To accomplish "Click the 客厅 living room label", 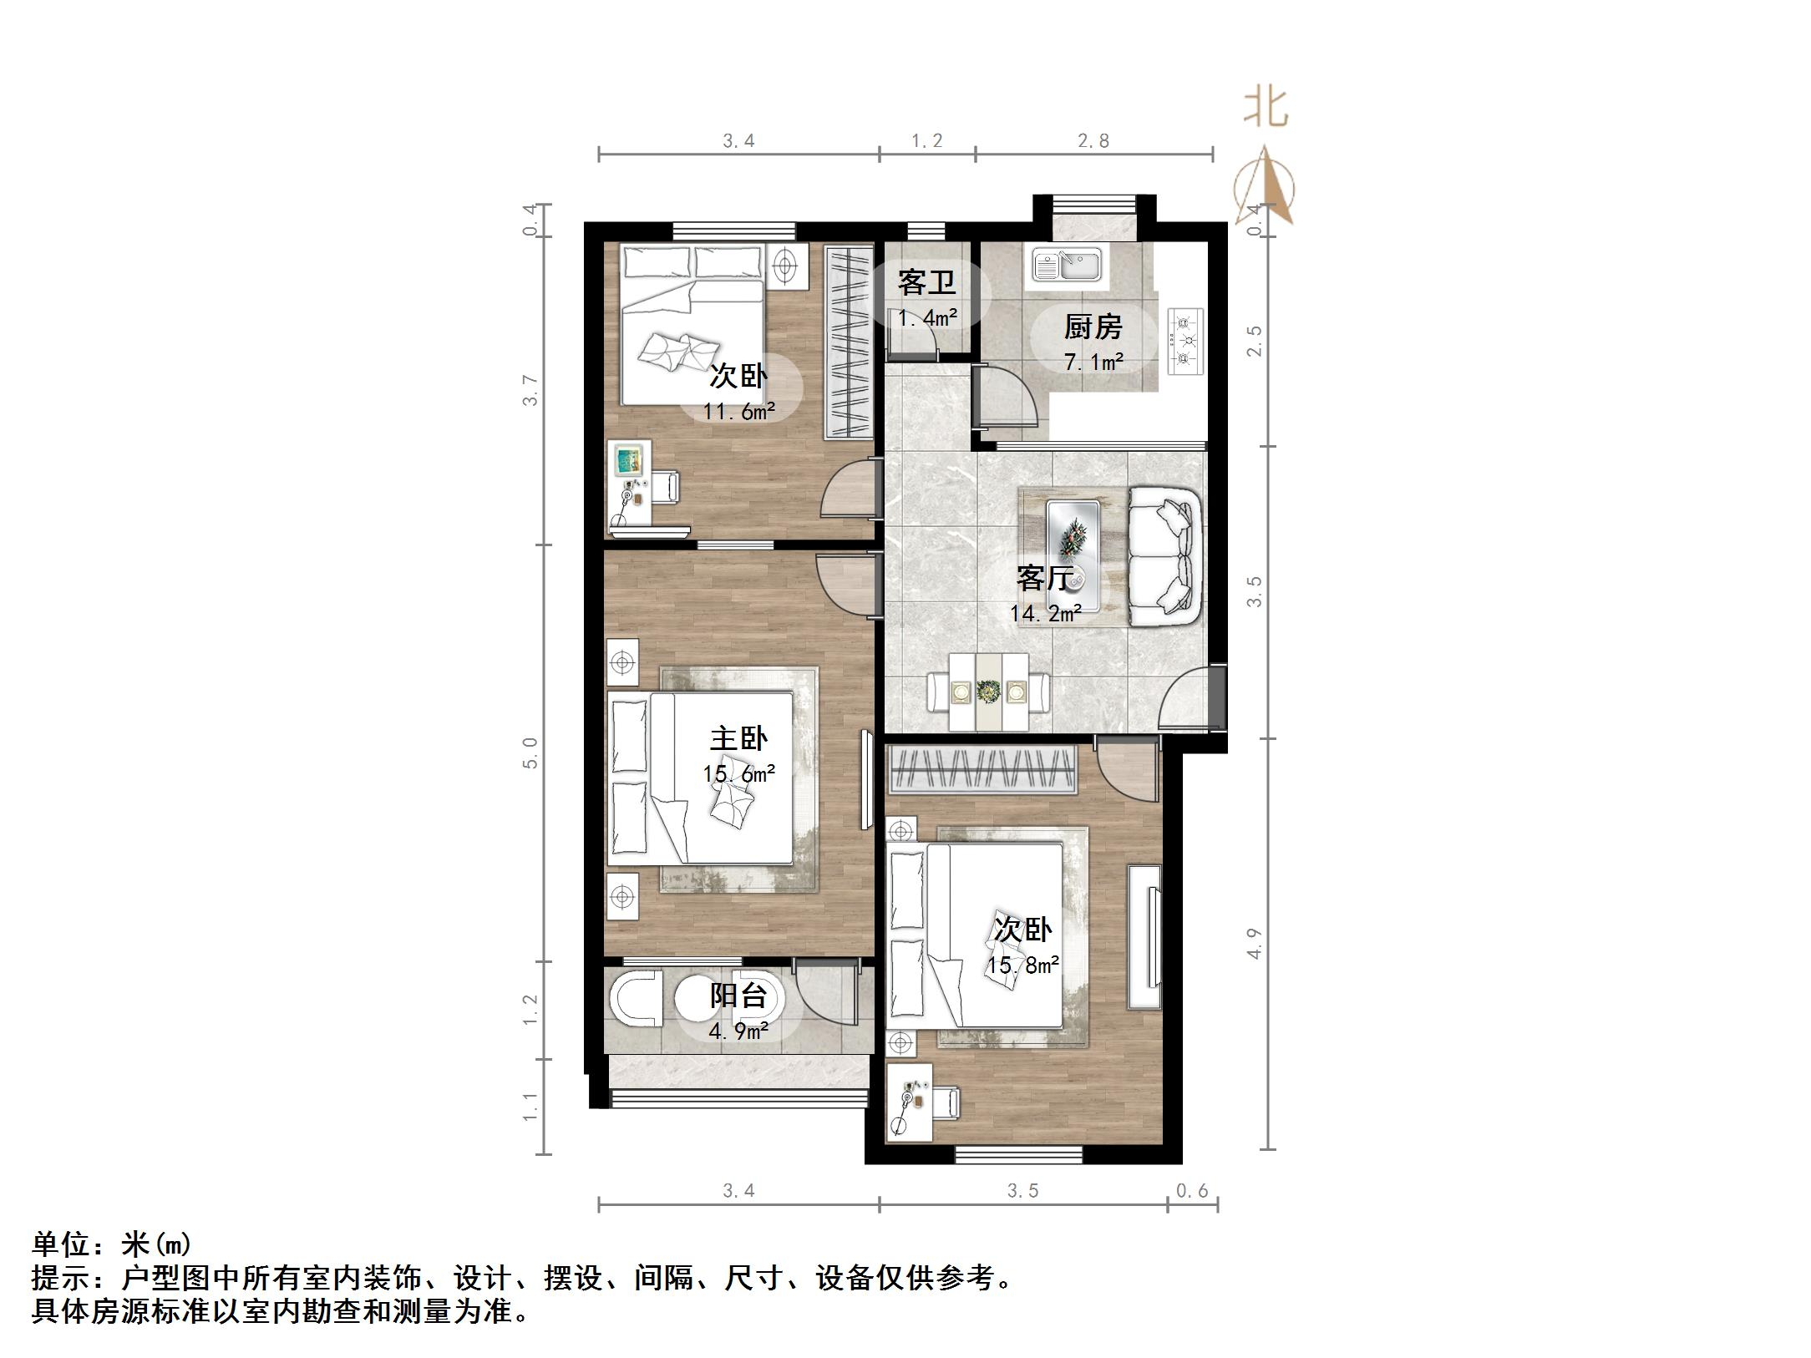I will [x=1044, y=578].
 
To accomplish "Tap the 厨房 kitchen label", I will [x=1093, y=327].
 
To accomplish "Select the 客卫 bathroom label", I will [x=926, y=283].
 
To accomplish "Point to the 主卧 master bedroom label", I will [x=738, y=738].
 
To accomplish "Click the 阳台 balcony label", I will [x=738, y=996].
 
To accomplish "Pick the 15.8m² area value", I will [x=1023, y=965].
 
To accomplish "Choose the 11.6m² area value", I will [x=738, y=412].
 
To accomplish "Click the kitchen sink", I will [x=1067, y=266].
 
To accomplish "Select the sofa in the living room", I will [x=1165, y=556].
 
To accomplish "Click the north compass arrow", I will [x=1266, y=185].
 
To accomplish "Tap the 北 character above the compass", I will [x=1266, y=109].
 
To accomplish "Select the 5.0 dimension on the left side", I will [x=530, y=752].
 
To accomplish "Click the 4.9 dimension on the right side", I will [x=1255, y=944].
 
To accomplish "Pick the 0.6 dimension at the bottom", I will [x=1192, y=1191].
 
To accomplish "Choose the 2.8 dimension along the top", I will [x=1093, y=141].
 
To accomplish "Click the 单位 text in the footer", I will [x=62, y=1244].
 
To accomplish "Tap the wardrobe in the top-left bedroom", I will [x=849, y=342].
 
